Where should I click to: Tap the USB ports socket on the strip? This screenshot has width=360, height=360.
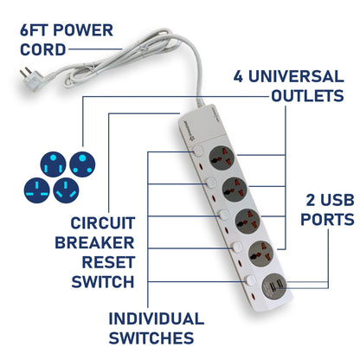pos(274,286)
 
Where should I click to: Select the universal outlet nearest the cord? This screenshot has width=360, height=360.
pos(222,158)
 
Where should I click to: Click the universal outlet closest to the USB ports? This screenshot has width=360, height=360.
pos(261,254)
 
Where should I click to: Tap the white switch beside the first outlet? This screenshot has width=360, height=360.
pos(198,151)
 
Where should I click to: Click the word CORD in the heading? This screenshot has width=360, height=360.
pos(42,49)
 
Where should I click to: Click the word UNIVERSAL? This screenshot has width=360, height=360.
pos(296,76)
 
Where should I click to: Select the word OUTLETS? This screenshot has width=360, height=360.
pos(307,96)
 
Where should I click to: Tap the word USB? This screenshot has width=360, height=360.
pos(337,200)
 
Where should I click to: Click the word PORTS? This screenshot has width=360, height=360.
pos(327,219)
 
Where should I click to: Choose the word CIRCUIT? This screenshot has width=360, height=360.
pos(103,223)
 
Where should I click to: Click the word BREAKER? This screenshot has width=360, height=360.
pos(94,242)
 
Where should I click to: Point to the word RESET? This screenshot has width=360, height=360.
pos(108,262)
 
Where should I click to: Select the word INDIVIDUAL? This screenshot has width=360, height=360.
pos(157,318)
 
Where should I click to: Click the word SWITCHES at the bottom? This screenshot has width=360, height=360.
pos(151,337)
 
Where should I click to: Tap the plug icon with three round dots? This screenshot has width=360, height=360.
pos(82,164)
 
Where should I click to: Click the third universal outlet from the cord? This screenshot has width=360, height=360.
pos(247,221)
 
